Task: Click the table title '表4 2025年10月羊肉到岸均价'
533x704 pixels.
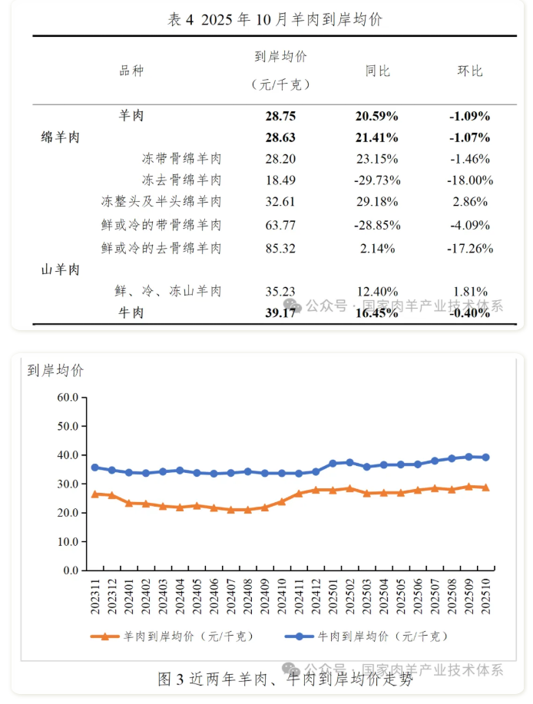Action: tap(274, 20)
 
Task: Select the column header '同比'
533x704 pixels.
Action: tap(377, 71)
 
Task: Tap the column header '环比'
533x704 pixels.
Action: tap(469, 71)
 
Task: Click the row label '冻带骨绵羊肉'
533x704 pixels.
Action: tap(182, 159)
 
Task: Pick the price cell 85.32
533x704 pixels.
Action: tap(280, 248)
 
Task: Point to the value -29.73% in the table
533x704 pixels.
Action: tap(376, 180)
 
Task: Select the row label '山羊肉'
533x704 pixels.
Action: tap(61, 269)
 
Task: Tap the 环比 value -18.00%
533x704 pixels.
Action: tap(469, 180)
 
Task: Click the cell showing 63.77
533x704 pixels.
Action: tap(280, 225)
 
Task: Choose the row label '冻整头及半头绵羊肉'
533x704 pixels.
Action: tap(161, 202)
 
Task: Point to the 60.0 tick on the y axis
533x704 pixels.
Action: tap(68, 398)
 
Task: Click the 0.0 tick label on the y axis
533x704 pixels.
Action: tap(71, 570)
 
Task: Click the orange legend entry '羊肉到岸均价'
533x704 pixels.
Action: tap(172, 636)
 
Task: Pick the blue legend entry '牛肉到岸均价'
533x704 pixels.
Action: tap(366, 636)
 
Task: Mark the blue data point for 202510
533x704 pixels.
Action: tap(485, 458)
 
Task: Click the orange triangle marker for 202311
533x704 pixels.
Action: tap(95, 494)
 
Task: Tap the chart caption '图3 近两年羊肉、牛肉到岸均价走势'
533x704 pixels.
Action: tap(284, 679)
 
